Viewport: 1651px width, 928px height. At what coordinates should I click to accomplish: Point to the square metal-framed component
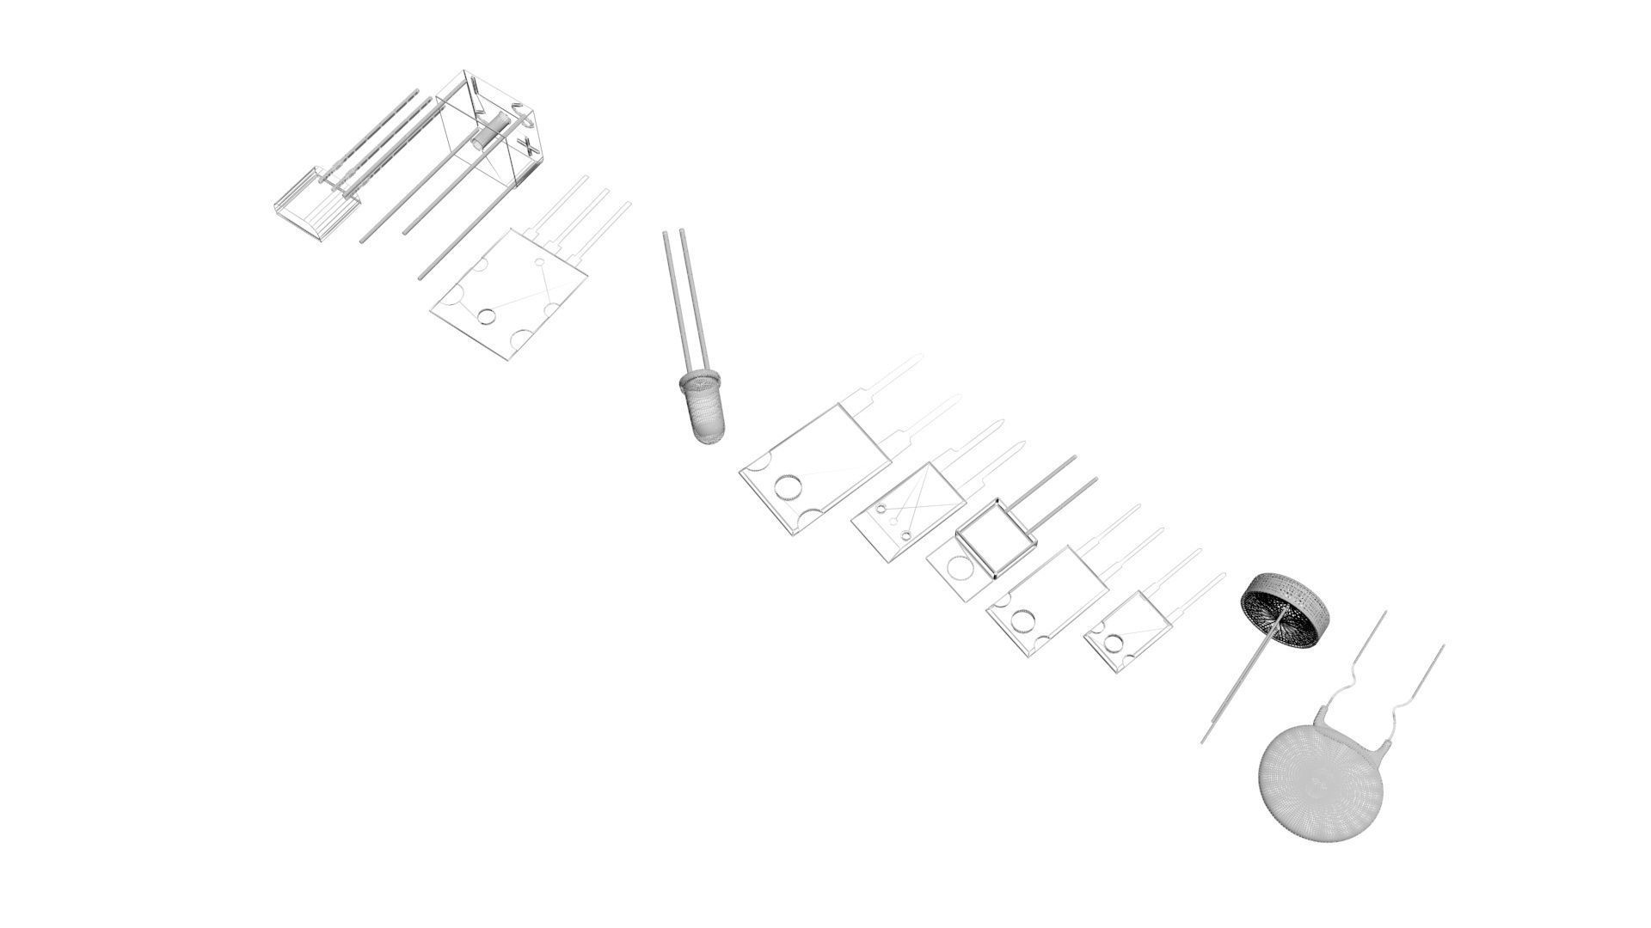pos(996,538)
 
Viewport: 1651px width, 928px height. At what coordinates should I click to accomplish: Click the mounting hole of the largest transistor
pos(786,488)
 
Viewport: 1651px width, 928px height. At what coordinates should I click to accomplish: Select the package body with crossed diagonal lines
pos(905,511)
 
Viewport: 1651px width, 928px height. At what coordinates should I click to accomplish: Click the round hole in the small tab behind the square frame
pos(954,567)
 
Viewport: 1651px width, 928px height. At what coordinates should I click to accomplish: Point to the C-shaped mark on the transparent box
pos(519,107)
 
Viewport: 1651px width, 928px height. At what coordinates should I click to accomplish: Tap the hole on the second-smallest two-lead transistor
pos(1022,620)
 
